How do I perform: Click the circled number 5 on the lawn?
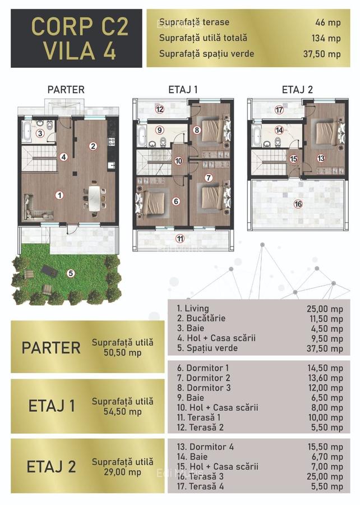(71, 273)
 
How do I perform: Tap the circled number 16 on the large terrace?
(298, 204)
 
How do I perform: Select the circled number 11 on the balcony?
(180, 238)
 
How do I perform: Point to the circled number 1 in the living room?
(59, 196)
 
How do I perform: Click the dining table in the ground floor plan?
(96, 197)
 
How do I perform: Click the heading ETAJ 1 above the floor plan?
(183, 89)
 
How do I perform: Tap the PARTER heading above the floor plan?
(66, 89)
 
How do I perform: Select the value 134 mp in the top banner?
(329, 38)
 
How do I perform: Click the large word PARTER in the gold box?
(51, 347)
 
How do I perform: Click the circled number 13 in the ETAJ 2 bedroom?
(321, 158)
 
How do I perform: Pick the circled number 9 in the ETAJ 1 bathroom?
(160, 130)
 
